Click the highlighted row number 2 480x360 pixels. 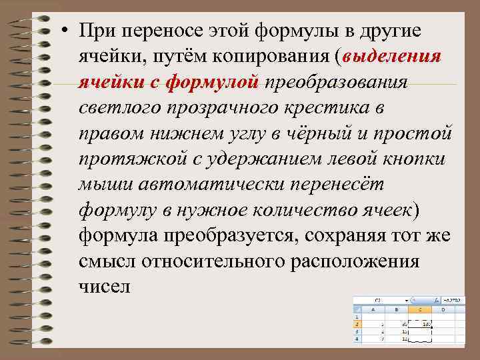tap(357, 324)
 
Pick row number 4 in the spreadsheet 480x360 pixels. tap(357, 338)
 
